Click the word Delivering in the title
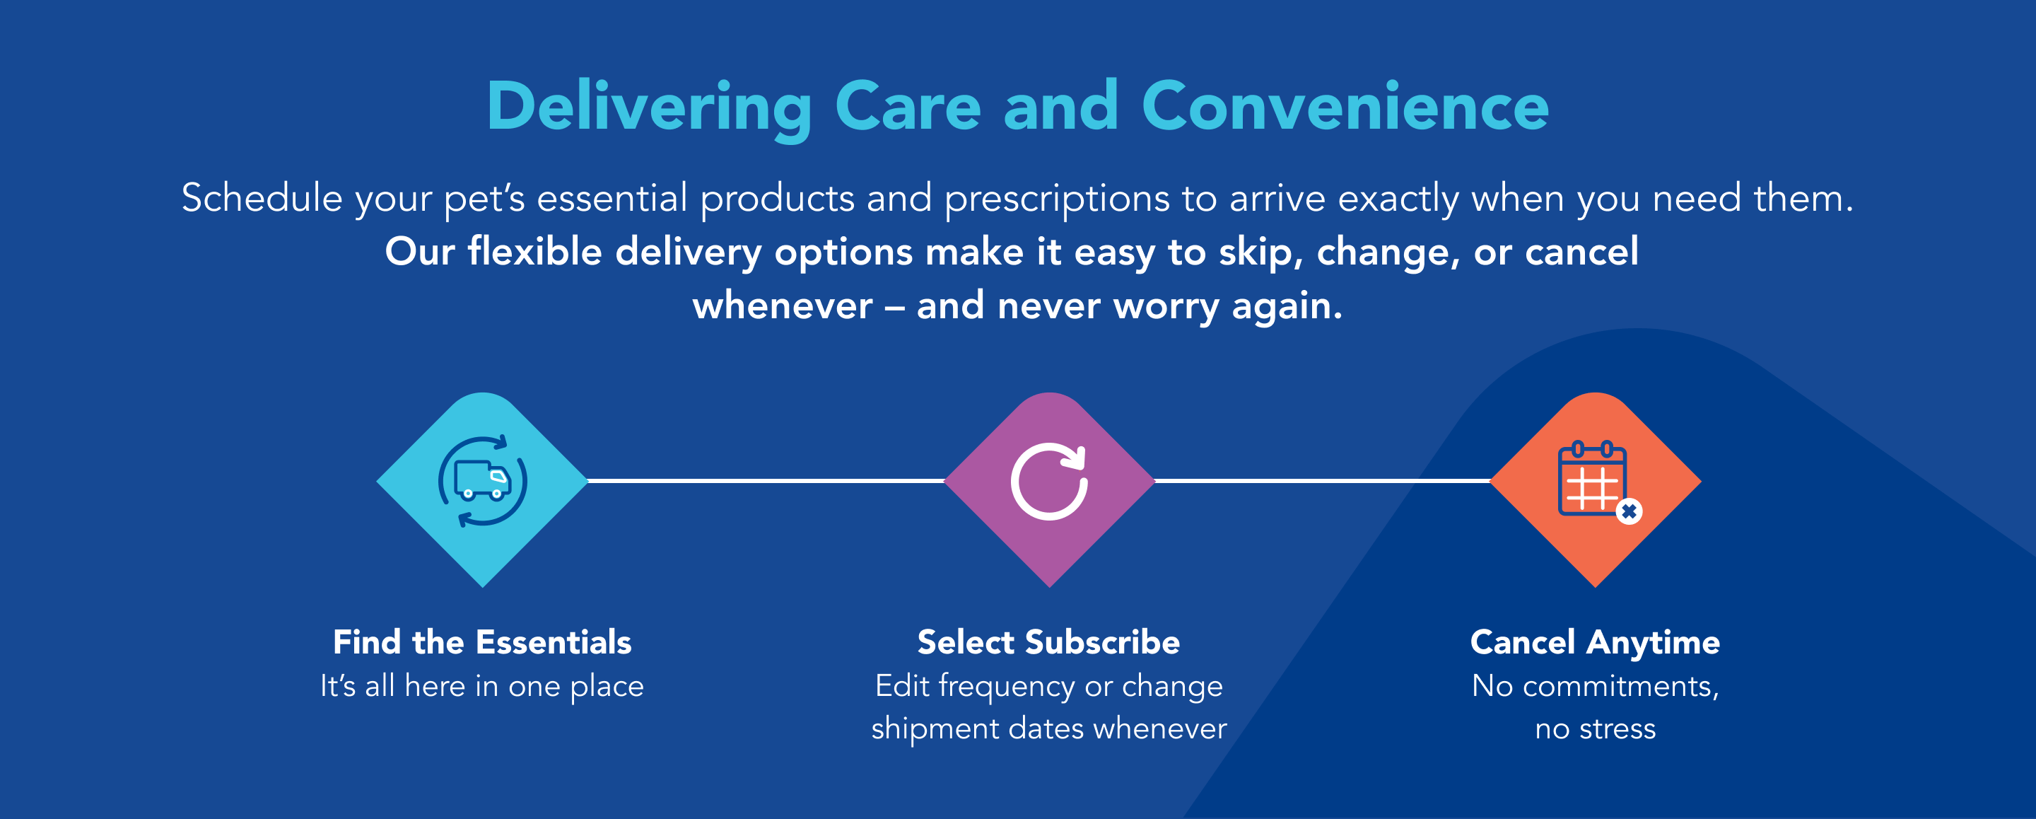(650, 109)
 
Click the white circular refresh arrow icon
(1050, 482)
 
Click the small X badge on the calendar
(1629, 511)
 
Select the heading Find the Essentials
(482, 642)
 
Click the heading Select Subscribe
(1049, 642)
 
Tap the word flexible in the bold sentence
(535, 251)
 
